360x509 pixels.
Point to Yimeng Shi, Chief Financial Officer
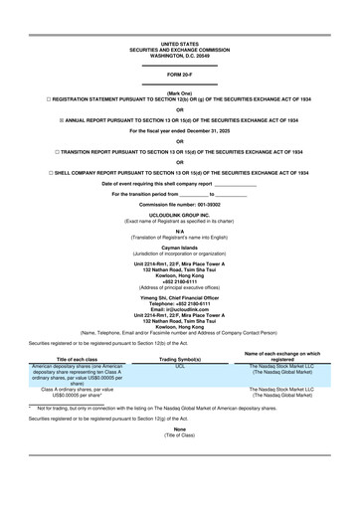(x=180, y=296)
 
